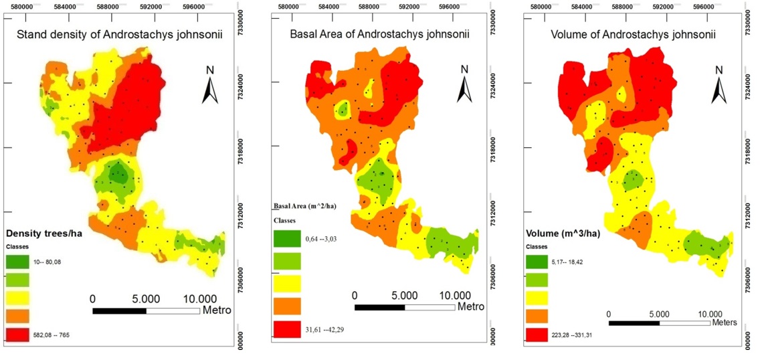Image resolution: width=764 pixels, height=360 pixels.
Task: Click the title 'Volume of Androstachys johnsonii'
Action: point(631,35)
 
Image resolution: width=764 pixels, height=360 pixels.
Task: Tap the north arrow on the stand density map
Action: point(211,84)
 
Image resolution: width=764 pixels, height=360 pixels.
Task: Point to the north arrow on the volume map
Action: point(719,84)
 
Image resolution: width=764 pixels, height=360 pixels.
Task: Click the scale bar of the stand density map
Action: point(146,310)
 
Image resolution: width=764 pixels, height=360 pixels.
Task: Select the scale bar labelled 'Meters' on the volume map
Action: point(659,323)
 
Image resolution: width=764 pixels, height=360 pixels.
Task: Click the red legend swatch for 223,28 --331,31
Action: point(537,333)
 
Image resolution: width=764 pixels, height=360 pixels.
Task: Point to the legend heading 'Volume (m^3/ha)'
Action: point(561,234)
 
